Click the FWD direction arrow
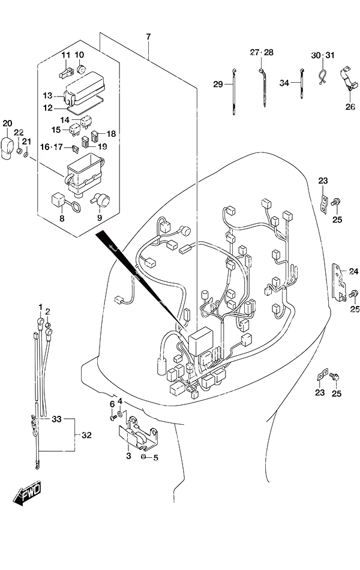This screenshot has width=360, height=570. [x=28, y=493]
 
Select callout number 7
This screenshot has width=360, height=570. [x=148, y=37]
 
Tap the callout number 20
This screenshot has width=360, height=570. [x=7, y=123]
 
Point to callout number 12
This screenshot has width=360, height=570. [x=47, y=108]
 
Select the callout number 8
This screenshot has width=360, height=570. [x=62, y=218]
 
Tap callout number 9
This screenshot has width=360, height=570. [x=99, y=218]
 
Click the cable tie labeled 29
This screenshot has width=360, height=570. [x=233, y=92]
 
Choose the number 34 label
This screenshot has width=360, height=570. [x=284, y=83]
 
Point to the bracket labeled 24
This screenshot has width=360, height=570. [x=339, y=283]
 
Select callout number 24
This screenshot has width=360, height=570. [x=353, y=271]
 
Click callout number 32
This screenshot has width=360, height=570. [x=86, y=435]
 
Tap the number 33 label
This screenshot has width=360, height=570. [x=56, y=419]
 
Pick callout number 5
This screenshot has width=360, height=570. [x=155, y=458]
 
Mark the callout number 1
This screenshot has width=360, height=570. [x=40, y=307]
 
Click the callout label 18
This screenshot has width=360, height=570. [x=111, y=134]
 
